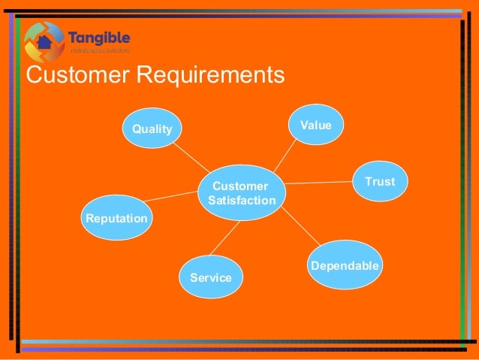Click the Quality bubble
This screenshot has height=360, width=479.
pos(152,129)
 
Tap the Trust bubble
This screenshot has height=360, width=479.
pos(379,181)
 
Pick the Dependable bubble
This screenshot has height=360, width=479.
pos(345,265)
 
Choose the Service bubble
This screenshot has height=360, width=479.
pos(211,277)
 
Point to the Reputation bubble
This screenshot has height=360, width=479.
pos(116,218)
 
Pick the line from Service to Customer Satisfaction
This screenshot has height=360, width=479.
pos(225,240)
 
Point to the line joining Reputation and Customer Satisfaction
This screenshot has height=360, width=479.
pos(173,197)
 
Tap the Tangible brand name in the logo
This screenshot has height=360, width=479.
pos(99,38)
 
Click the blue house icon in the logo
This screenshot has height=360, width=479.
pos(44,41)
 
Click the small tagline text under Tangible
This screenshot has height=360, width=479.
pos(99,51)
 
